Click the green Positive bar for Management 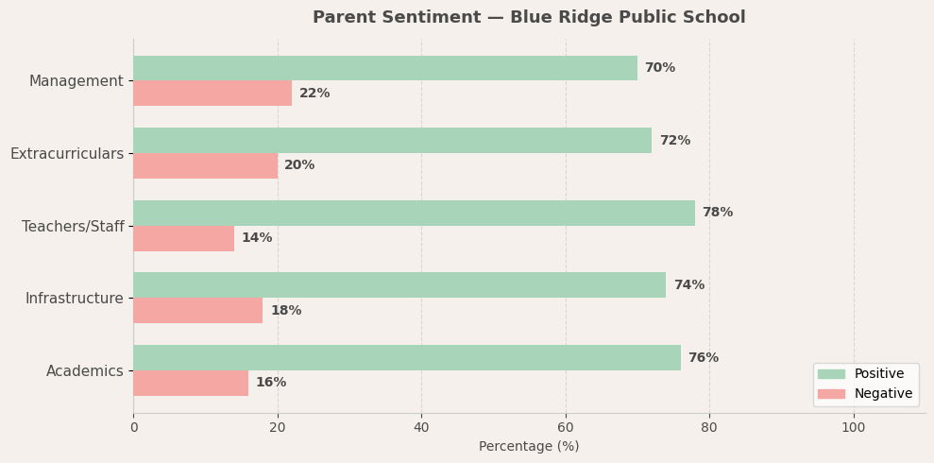pos(385,68)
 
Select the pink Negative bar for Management pos(212,94)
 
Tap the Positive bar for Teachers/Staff pos(414,213)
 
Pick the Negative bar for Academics pos(191,383)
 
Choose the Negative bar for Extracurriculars pos(205,165)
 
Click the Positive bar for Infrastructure pos(399,285)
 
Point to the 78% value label pos(717,213)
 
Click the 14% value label pos(257,238)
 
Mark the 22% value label pos(314,94)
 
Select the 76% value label pos(703,358)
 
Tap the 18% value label pos(286,311)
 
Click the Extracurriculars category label pos(67,154)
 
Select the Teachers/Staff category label pos(73,227)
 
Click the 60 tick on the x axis pos(566,427)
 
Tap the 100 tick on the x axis pos(854,427)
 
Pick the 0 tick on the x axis pos(133,427)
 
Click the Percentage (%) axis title pos(529,447)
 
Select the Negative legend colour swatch pos(831,394)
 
